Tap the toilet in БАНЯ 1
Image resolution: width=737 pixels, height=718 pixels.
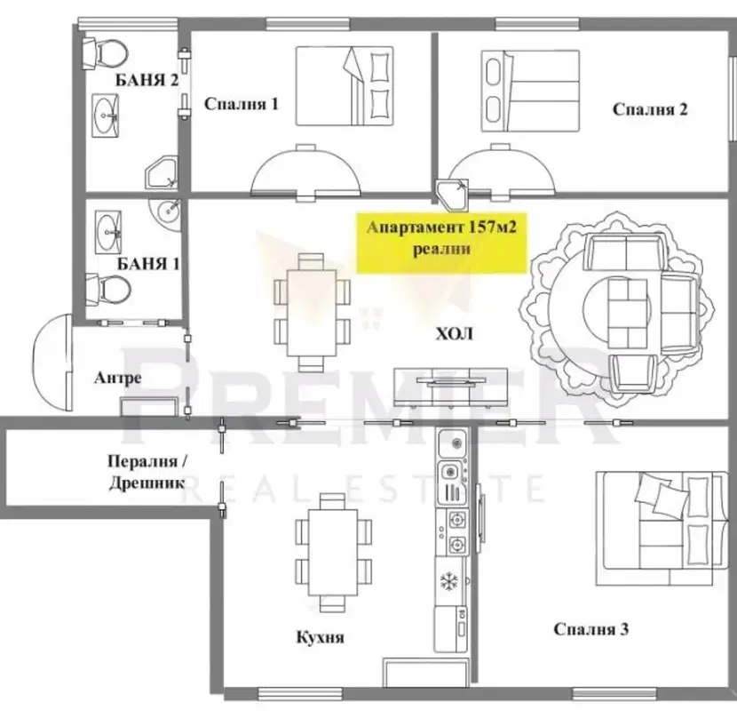coord(107,289)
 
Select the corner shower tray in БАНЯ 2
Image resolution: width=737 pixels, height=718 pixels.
coord(162,174)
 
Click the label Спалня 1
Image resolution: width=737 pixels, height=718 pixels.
coord(242,104)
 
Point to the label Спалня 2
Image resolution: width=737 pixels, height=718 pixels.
coord(650,109)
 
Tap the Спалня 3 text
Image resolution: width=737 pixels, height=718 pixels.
coord(590,629)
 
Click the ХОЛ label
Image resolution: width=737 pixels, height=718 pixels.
coord(454,334)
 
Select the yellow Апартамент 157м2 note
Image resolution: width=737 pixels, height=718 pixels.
coord(441,243)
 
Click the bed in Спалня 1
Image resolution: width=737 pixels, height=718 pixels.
coord(345,86)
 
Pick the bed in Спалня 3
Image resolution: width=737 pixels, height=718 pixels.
coord(662,528)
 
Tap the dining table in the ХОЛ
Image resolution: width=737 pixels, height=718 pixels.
coord(312,313)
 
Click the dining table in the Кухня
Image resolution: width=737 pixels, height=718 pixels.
coord(333,552)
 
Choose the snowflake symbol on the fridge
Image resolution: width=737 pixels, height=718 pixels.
coord(449,581)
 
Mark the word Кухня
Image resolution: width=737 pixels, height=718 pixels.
coord(320,637)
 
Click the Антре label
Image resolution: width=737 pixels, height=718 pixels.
coord(117,378)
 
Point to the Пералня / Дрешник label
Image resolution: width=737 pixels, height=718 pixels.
coord(147,472)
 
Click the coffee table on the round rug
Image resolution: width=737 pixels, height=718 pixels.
coord(628,312)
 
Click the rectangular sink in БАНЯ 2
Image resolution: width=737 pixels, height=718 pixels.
coord(105,116)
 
